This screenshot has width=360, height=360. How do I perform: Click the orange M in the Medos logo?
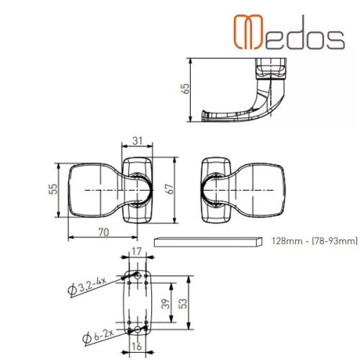pos(248,32)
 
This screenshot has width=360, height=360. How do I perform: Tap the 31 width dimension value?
pos(138,140)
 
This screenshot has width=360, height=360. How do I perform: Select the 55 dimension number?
pos(53,189)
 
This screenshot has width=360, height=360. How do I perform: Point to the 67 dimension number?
pos(169,189)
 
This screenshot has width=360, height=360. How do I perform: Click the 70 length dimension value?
pos(104,233)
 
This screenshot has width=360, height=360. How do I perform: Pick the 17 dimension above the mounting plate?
pos(137,251)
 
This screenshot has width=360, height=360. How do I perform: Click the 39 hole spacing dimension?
pos(166,304)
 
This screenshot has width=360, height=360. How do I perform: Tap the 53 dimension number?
pos(182,304)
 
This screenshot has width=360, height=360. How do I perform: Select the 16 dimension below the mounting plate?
pos(137,346)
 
